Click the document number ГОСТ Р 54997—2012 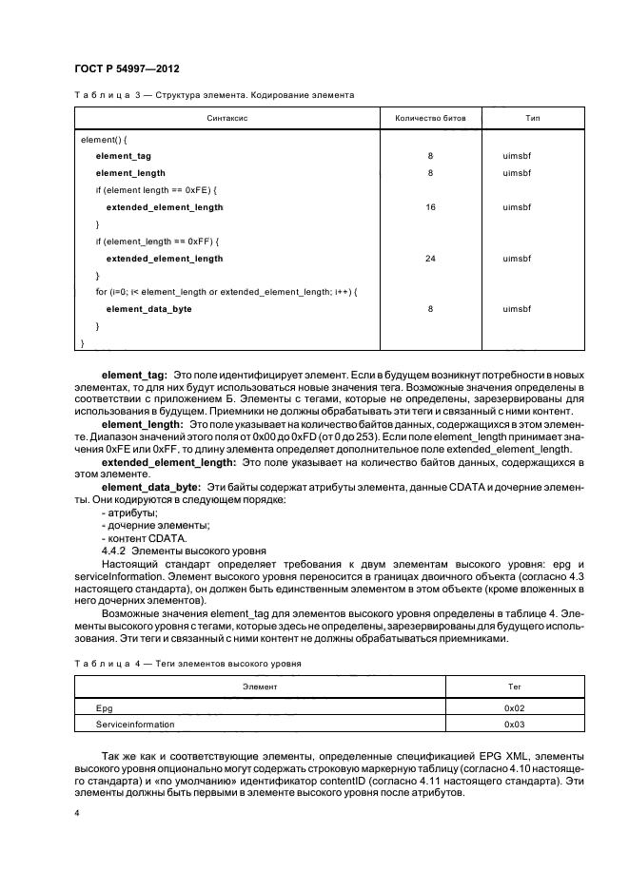(x=127, y=69)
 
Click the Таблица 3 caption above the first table (x=214, y=95)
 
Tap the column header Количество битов (x=430, y=119)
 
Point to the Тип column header (x=533, y=119)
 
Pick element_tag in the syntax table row (x=123, y=155)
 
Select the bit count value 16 (x=430, y=206)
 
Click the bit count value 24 (x=430, y=258)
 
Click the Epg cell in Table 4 (x=105, y=708)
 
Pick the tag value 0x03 (x=515, y=724)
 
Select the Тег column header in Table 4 (x=515, y=685)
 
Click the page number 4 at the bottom (x=77, y=814)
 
